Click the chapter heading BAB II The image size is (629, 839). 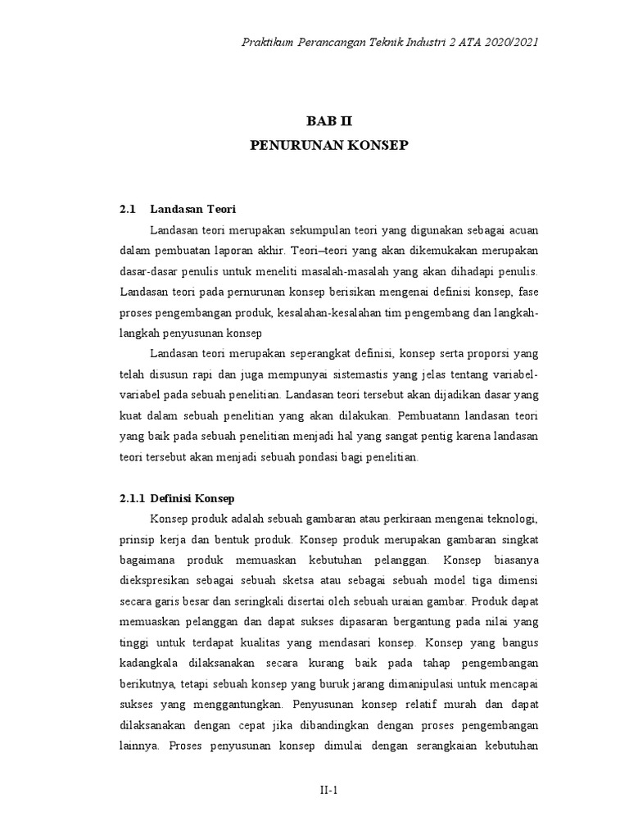[x=328, y=121]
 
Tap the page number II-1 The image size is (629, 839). [x=328, y=789]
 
